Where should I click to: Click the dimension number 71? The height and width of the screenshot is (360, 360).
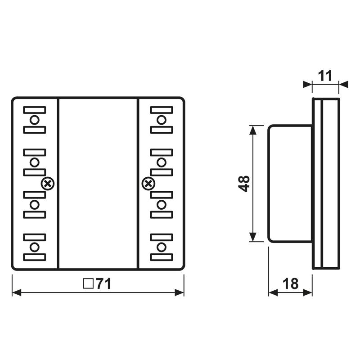pyautogui.click(x=103, y=284)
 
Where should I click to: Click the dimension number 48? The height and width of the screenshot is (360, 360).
pyautogui.click(x=244, y=184)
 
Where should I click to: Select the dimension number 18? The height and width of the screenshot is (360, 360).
pyautogui.click(x=291, y=284)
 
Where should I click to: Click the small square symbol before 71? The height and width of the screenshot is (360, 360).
pyautogui.click(x=88, y=284)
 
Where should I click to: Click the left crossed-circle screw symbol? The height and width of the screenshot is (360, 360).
pyautogui.click(x=47, y=183)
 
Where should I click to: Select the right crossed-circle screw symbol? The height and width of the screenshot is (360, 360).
pyautogui.click(x=147, y=183)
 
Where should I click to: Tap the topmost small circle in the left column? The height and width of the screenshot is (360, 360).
pyautogui.click(x=35, y=120)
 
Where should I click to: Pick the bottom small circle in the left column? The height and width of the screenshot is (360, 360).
pyautogui.click(x=35, y=247)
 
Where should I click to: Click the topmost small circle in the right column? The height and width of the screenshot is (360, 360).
pyautogui.click(x=162, y=120)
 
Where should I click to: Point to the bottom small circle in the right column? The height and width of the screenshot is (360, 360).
pyautogui.click(x=162, y=247)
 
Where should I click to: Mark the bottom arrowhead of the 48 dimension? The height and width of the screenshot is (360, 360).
pyautogui.click(x=253, y=237)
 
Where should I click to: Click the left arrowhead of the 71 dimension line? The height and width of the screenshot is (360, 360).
pyautogui.click(x=16, y=292)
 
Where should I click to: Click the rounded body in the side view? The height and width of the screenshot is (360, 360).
pyautogui.click(x=290, y=184)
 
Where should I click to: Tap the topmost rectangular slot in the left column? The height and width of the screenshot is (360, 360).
pyautogui.click(x=35, y=110)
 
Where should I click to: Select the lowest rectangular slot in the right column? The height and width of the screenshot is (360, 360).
pyautogui.click(x=162, y=257)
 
